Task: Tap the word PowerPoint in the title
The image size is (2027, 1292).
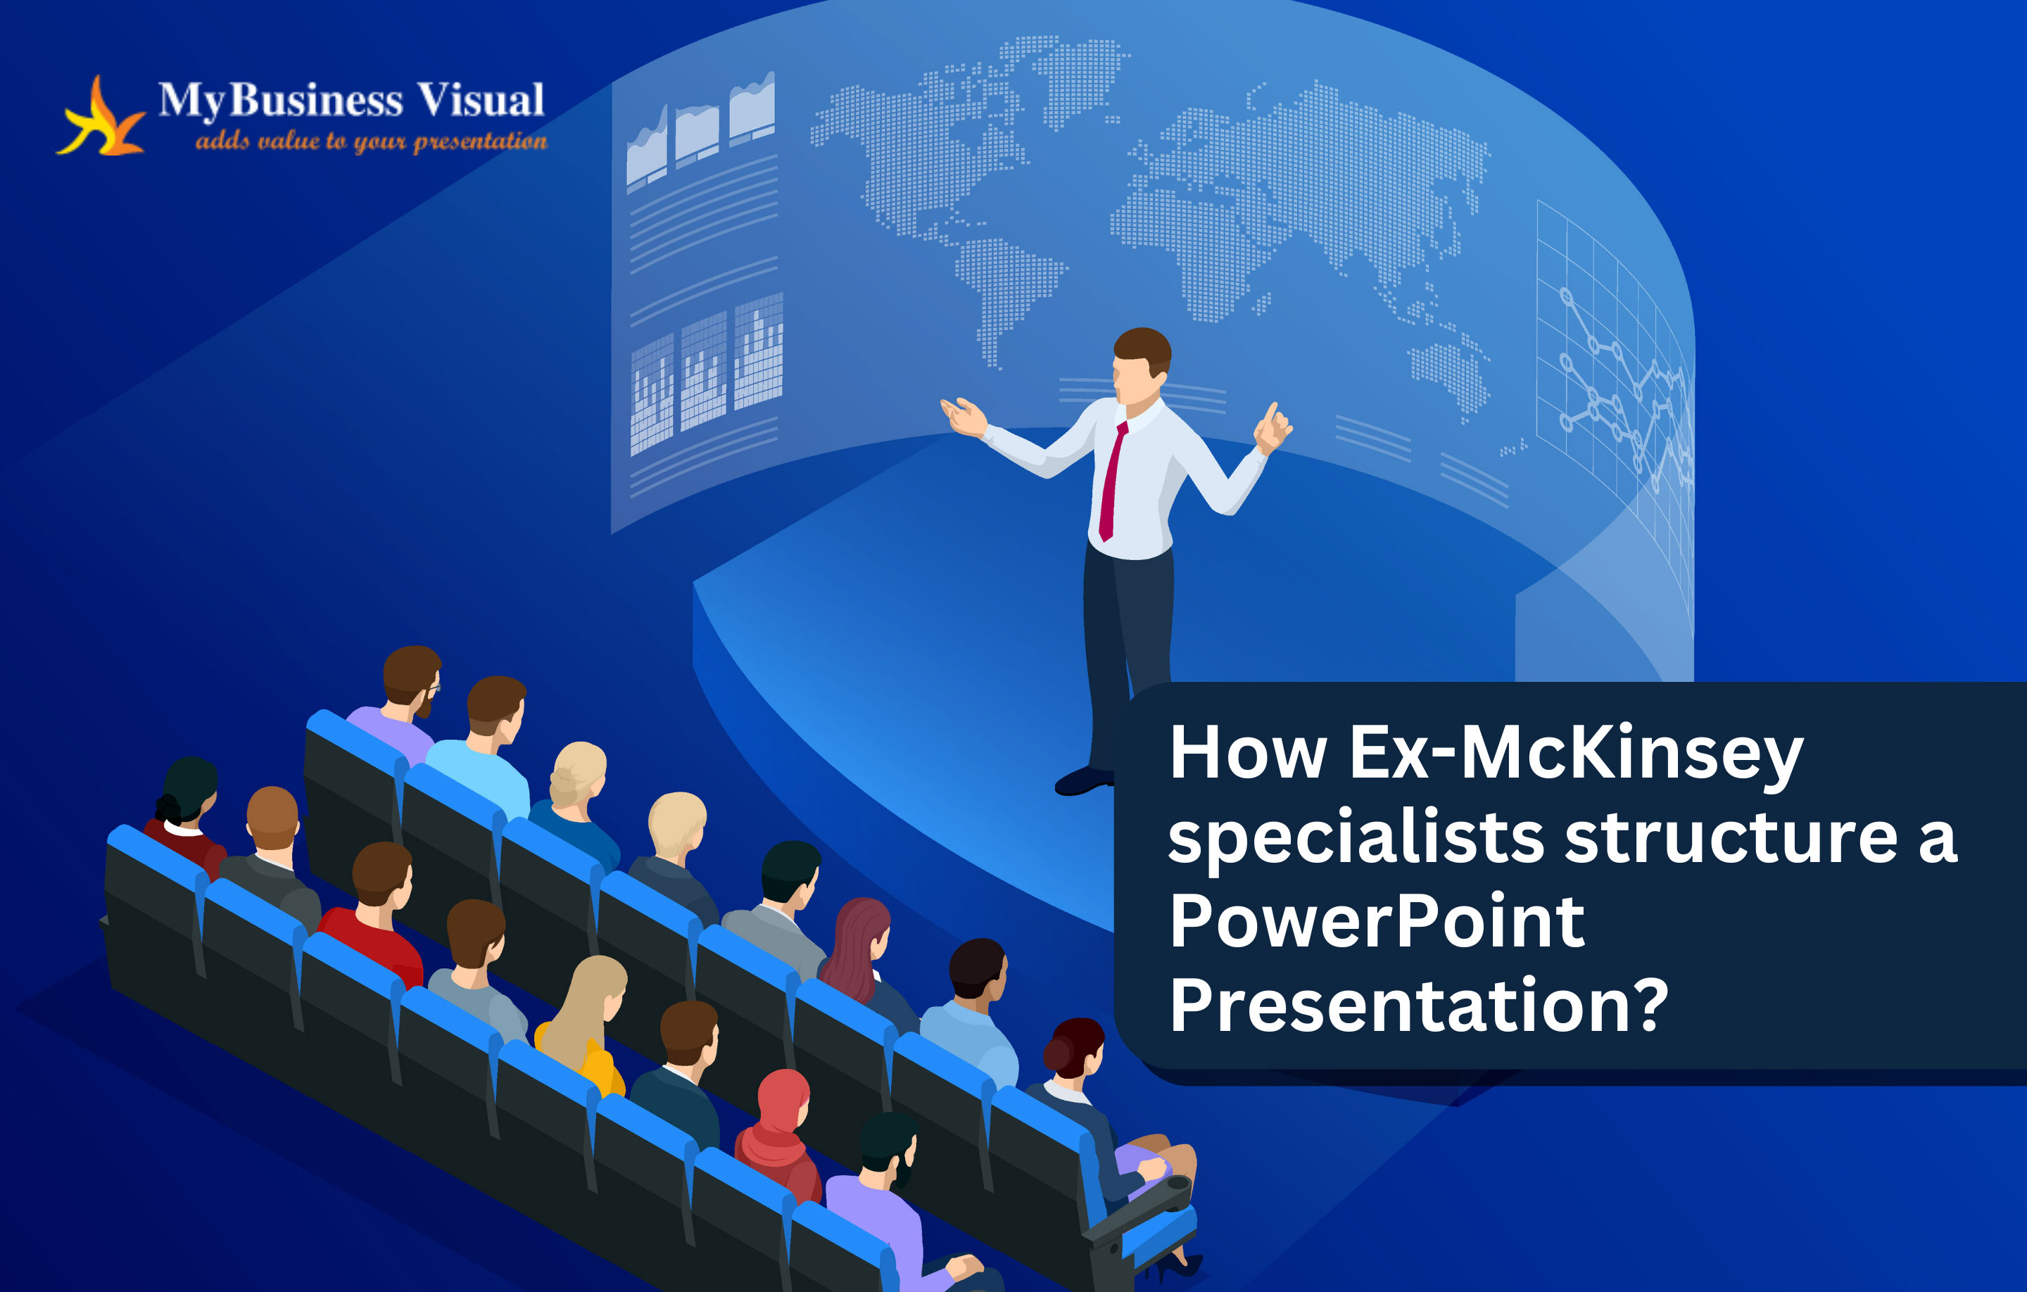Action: [x=1377, y=922]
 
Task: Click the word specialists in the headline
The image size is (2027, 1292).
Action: [x=1356, y=840]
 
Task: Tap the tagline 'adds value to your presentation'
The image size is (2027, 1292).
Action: [x=371, y=141]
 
